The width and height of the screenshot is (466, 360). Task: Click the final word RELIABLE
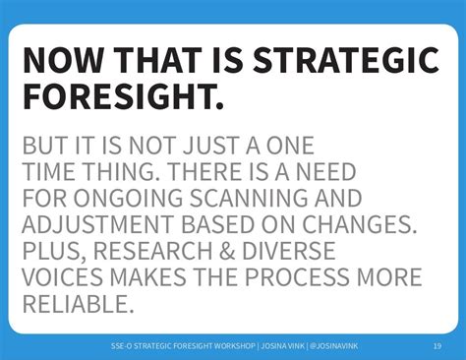[76, 303]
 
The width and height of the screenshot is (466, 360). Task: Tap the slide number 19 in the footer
[437, 345]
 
